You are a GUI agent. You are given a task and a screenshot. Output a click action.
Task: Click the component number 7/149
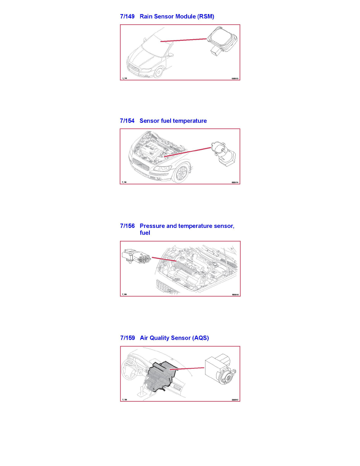click(127, 16)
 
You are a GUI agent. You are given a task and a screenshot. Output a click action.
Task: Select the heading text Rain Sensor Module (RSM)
click(177, 16)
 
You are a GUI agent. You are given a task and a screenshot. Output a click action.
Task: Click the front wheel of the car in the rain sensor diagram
click(159, 73)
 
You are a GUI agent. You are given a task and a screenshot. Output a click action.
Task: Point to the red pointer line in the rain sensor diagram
click(184, 40)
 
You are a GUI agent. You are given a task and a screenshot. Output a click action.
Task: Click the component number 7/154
click(127, 121)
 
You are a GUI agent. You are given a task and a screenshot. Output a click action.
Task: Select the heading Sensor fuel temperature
click(173, 121)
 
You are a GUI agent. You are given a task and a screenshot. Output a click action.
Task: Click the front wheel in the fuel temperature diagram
click(181, 173)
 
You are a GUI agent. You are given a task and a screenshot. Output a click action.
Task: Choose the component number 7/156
click(127, 226)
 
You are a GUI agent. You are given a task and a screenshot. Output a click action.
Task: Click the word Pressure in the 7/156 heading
click(152, 226)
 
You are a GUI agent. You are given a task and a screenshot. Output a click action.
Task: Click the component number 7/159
click(127, 338)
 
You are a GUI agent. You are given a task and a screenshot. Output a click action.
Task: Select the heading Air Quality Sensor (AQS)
click(174, 338)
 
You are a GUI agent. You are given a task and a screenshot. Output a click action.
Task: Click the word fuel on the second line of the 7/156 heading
click(145, 233)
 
